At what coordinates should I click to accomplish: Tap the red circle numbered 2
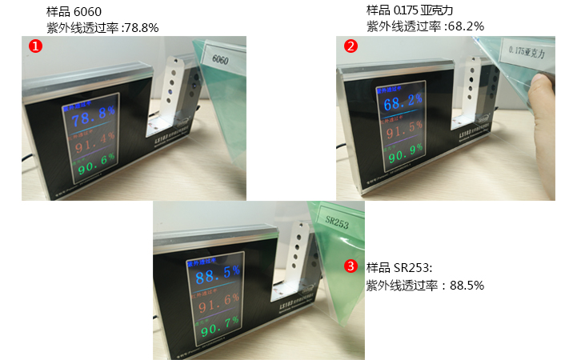(x=351, y=46)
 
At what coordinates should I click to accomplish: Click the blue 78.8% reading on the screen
(x=94, y=120)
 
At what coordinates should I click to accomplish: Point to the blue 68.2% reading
(x=403, y=103)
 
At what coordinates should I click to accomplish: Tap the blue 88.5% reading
(x=218, y=274)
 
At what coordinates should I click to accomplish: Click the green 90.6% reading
(x=94, y=164)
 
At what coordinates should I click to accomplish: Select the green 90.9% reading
(x=403, y=149)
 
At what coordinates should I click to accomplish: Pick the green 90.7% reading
(x=218, y=326)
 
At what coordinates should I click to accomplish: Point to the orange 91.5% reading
(x=403, y=126)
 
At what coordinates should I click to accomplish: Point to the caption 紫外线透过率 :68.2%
(x=424, y=26)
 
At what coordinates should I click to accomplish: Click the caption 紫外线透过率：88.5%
(x=424, y=285)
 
